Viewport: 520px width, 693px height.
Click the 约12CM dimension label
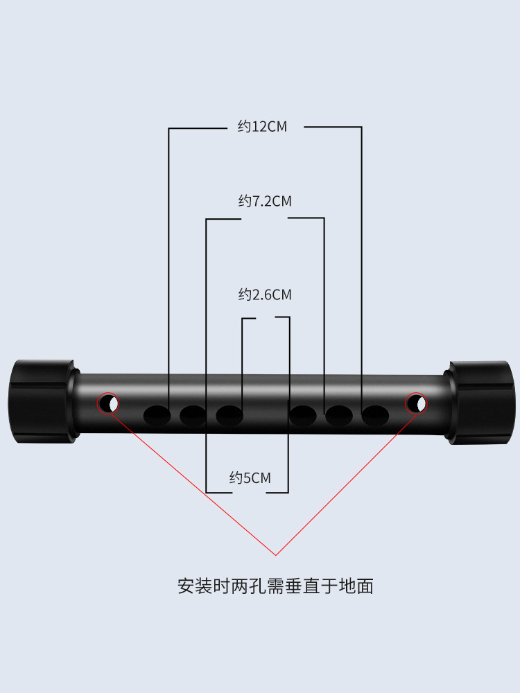262,126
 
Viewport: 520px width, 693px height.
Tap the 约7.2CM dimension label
265,201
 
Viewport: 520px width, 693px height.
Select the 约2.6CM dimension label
265,295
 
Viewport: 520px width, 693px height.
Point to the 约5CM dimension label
250,477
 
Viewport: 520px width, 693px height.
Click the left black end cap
43,401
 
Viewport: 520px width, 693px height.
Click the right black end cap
480,402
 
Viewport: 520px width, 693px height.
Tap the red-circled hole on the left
108,403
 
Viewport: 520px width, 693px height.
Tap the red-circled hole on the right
416,403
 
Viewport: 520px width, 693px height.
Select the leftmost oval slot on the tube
157,415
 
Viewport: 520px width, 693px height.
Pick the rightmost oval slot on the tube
375,415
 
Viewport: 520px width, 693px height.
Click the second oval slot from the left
193,415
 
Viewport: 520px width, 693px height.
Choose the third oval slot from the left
229,415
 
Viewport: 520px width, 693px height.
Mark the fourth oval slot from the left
302,415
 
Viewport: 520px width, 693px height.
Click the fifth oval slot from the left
339,415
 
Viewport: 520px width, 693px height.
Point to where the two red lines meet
276,555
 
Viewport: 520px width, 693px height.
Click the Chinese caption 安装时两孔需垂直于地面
275,586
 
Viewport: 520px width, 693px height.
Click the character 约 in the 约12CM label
244,126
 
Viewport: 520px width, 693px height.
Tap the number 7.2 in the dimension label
261,201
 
